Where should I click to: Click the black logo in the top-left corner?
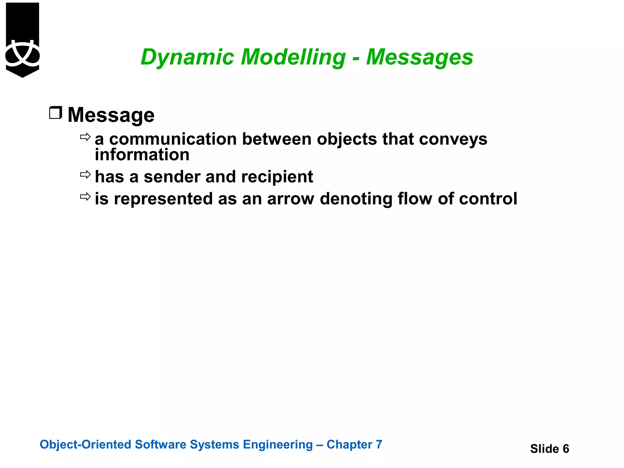click(x=23, y=40)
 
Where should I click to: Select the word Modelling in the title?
click(x=293, y=57)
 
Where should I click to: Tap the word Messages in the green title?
click(x=420, y=57)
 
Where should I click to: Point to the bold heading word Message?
click(x=111, y=115)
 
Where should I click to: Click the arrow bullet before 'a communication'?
click(x=85, y=137)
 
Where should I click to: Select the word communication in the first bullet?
click(x=173, y=139)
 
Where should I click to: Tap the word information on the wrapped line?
click(x=142, y=155)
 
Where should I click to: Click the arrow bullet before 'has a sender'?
click(x=85, y=175)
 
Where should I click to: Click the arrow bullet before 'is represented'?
click(x=85, y=197)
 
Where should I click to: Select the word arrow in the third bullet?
click(x=290, y=199)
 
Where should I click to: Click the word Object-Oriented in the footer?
click(x=85, y=445)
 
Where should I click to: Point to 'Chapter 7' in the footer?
click(x=354, y=445)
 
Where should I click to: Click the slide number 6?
click(x=565, y=449)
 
